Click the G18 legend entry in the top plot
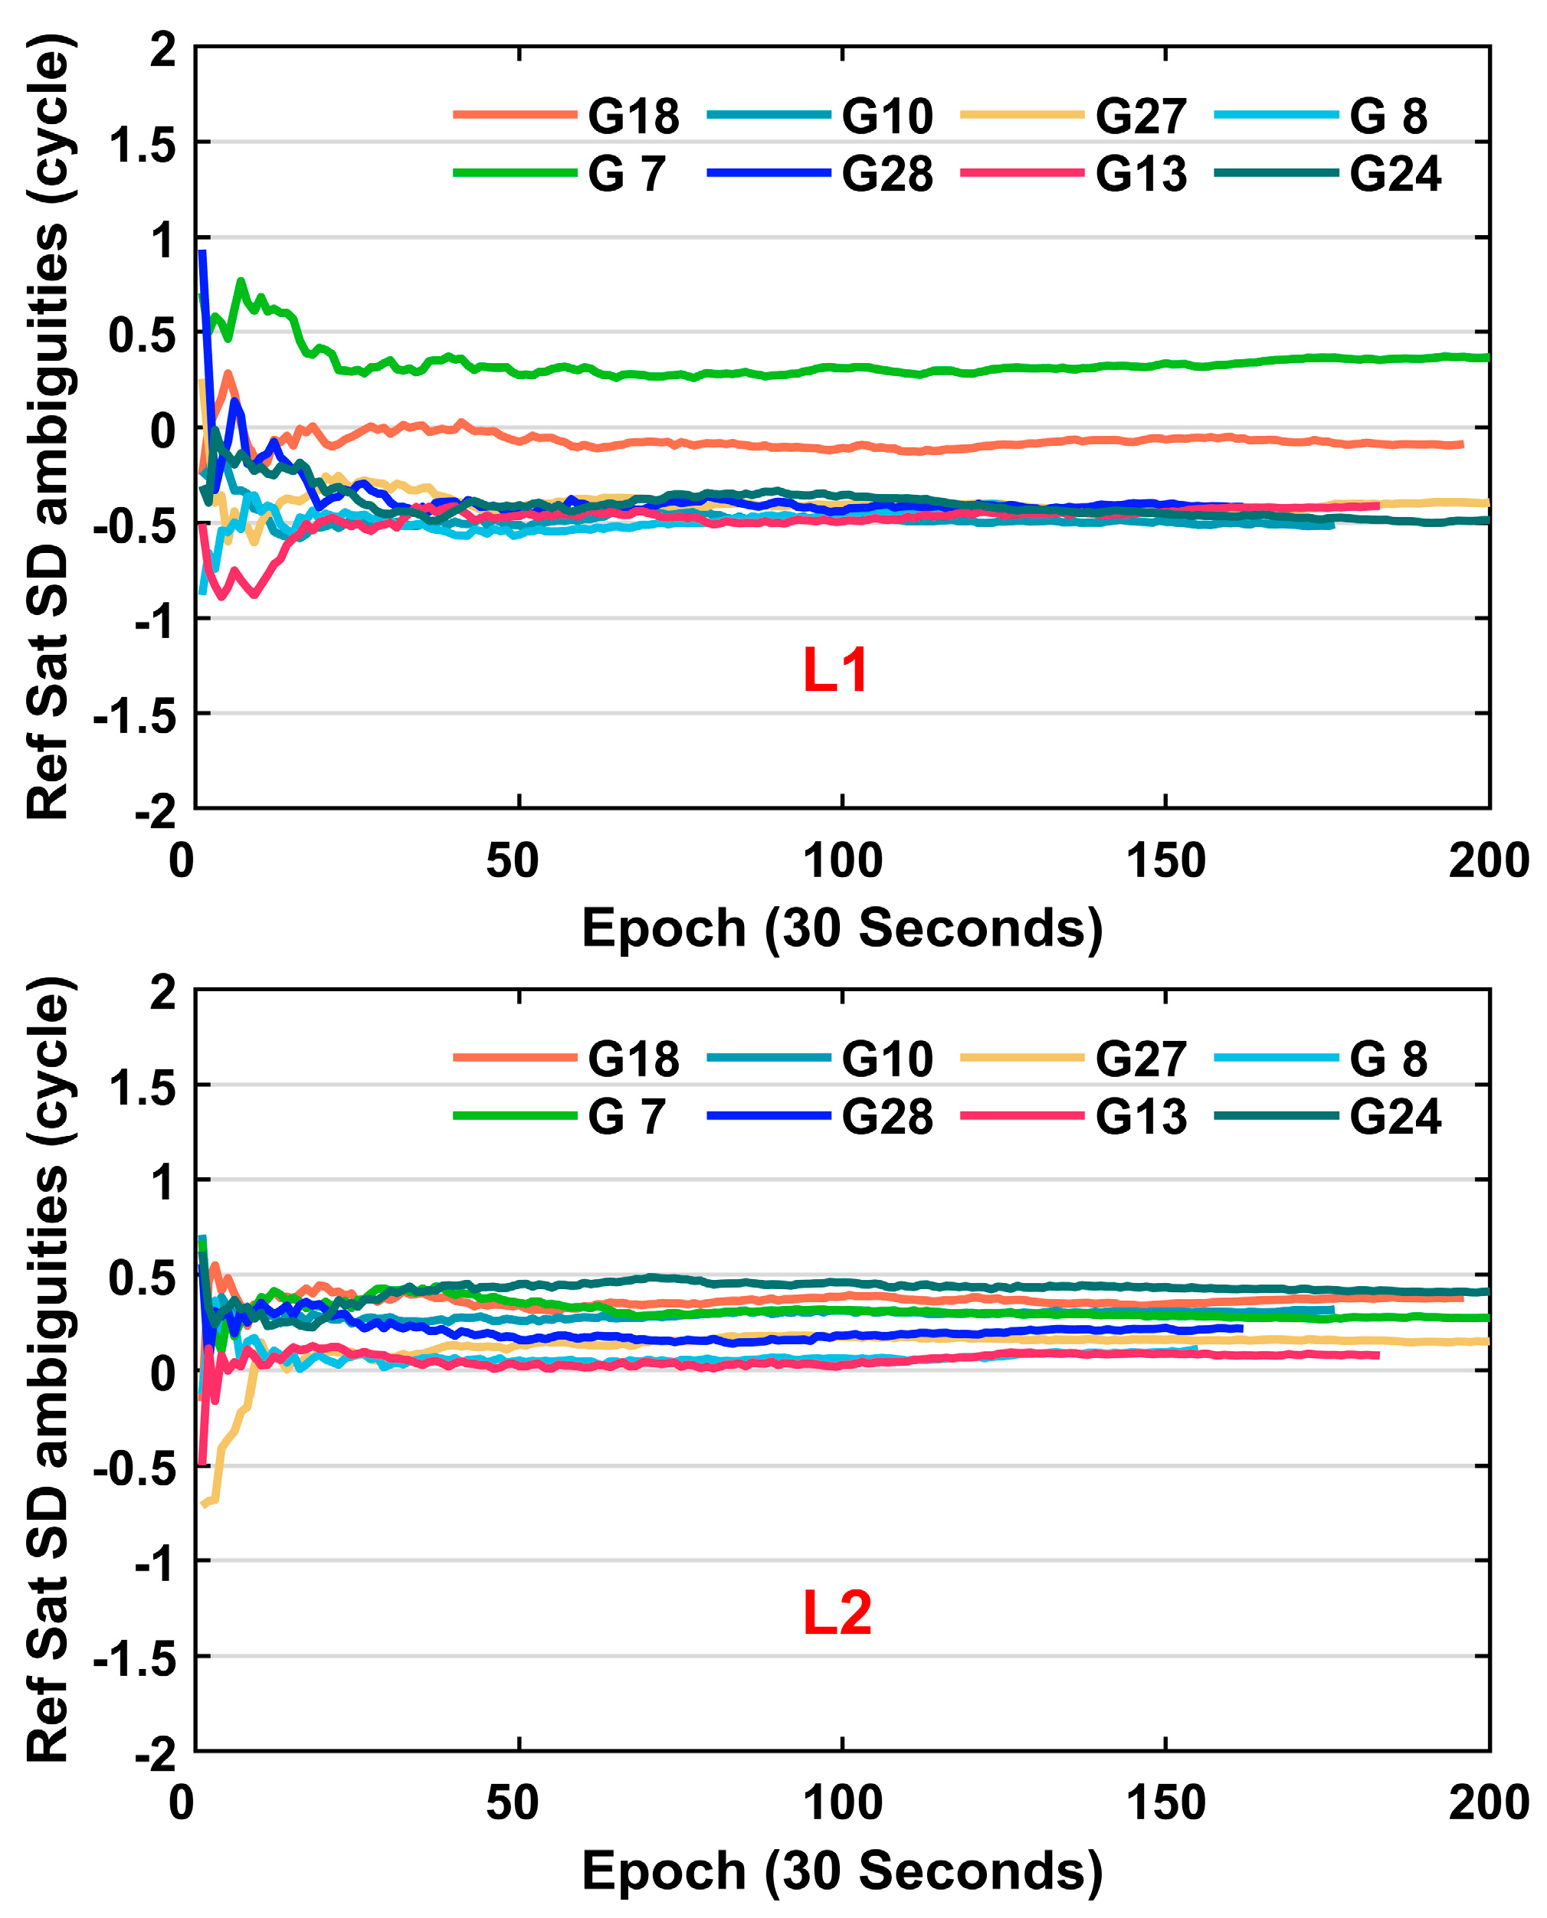point(633,116)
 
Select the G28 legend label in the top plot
point(887,174)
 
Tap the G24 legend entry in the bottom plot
point(1395,1116)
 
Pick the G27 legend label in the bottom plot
point(1141,1059)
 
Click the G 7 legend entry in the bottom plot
point(627,1116)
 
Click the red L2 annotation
point(837,1612)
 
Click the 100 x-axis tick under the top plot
point(842,860)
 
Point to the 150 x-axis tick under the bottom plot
point(1165,1803)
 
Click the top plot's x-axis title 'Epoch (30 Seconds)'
point(842,928)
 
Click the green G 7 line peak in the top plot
point(241,282)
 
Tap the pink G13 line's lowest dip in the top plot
point(256,594)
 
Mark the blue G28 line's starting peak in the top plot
point(202,253)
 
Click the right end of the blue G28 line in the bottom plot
point(1241,1328)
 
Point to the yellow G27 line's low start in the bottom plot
point(205,1504)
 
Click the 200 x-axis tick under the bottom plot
point(1489,1803)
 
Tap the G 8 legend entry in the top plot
point(1388,116)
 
